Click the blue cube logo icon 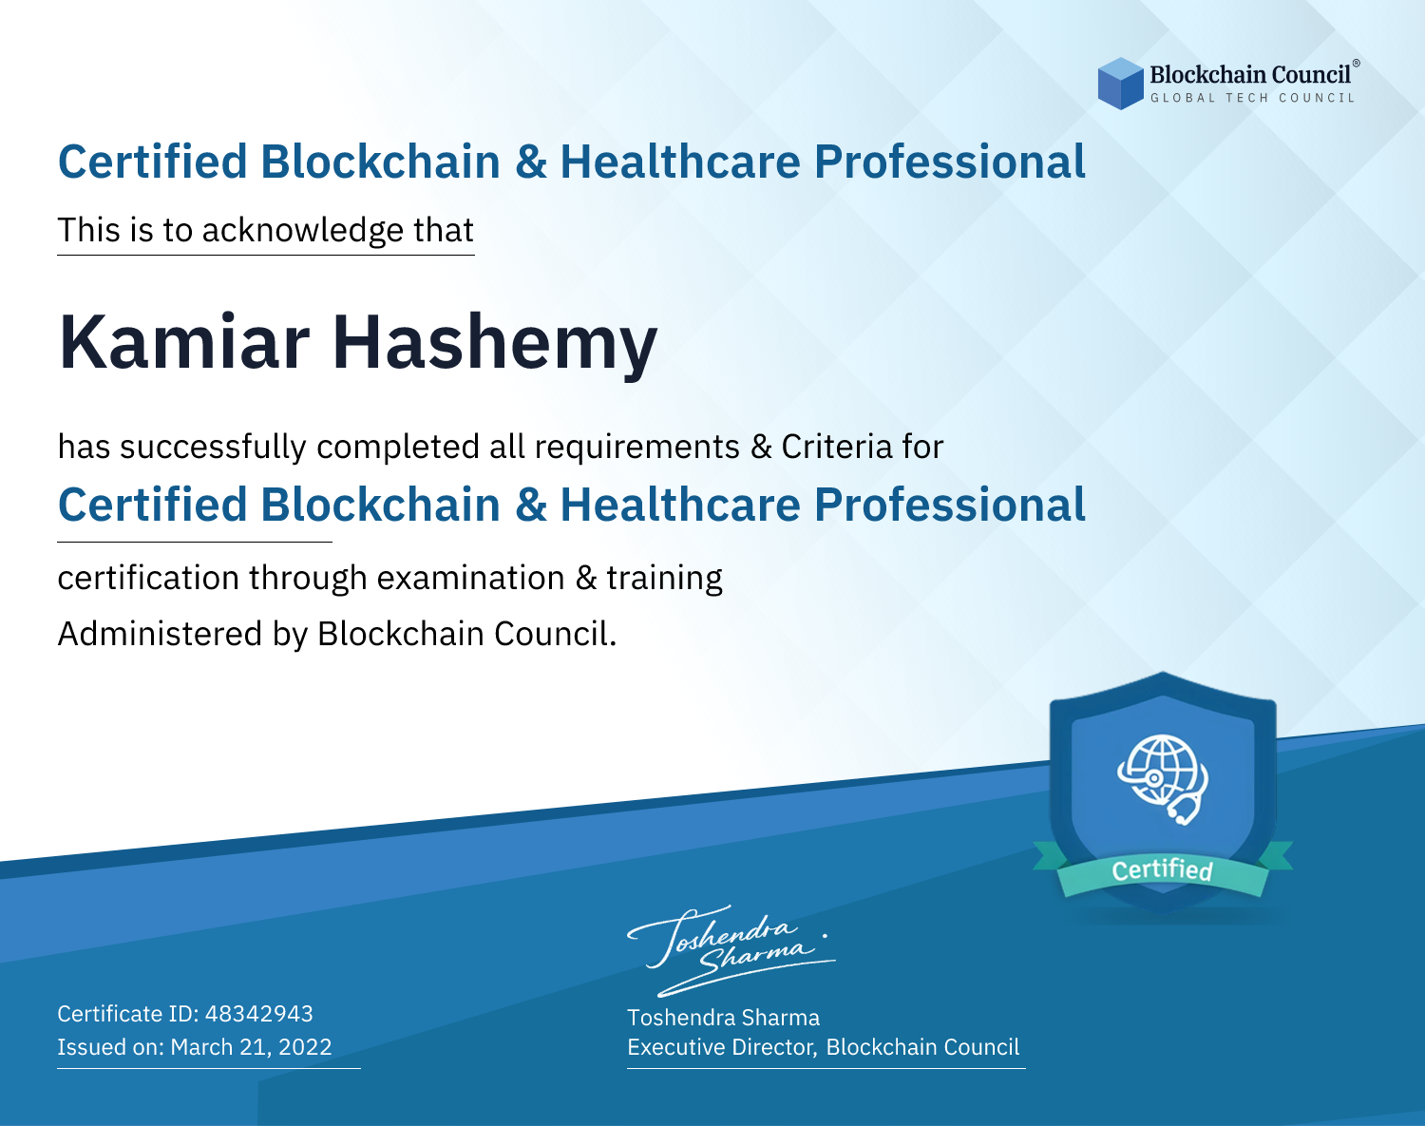[1120, 84]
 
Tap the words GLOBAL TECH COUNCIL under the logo [1252, 98]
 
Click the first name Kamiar [184, 343]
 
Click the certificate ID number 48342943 [259, 1013]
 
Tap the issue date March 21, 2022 [251, 1046]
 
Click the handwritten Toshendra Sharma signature [731, 950]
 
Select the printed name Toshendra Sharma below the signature [723, 1018]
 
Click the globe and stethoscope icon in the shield [1163, 779]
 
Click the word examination [470, 578]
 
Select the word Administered [160, 633]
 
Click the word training [664, 579]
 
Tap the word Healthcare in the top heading [681, 162]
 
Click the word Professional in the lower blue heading [950, 505]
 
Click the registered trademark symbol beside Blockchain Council [1357, 64]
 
